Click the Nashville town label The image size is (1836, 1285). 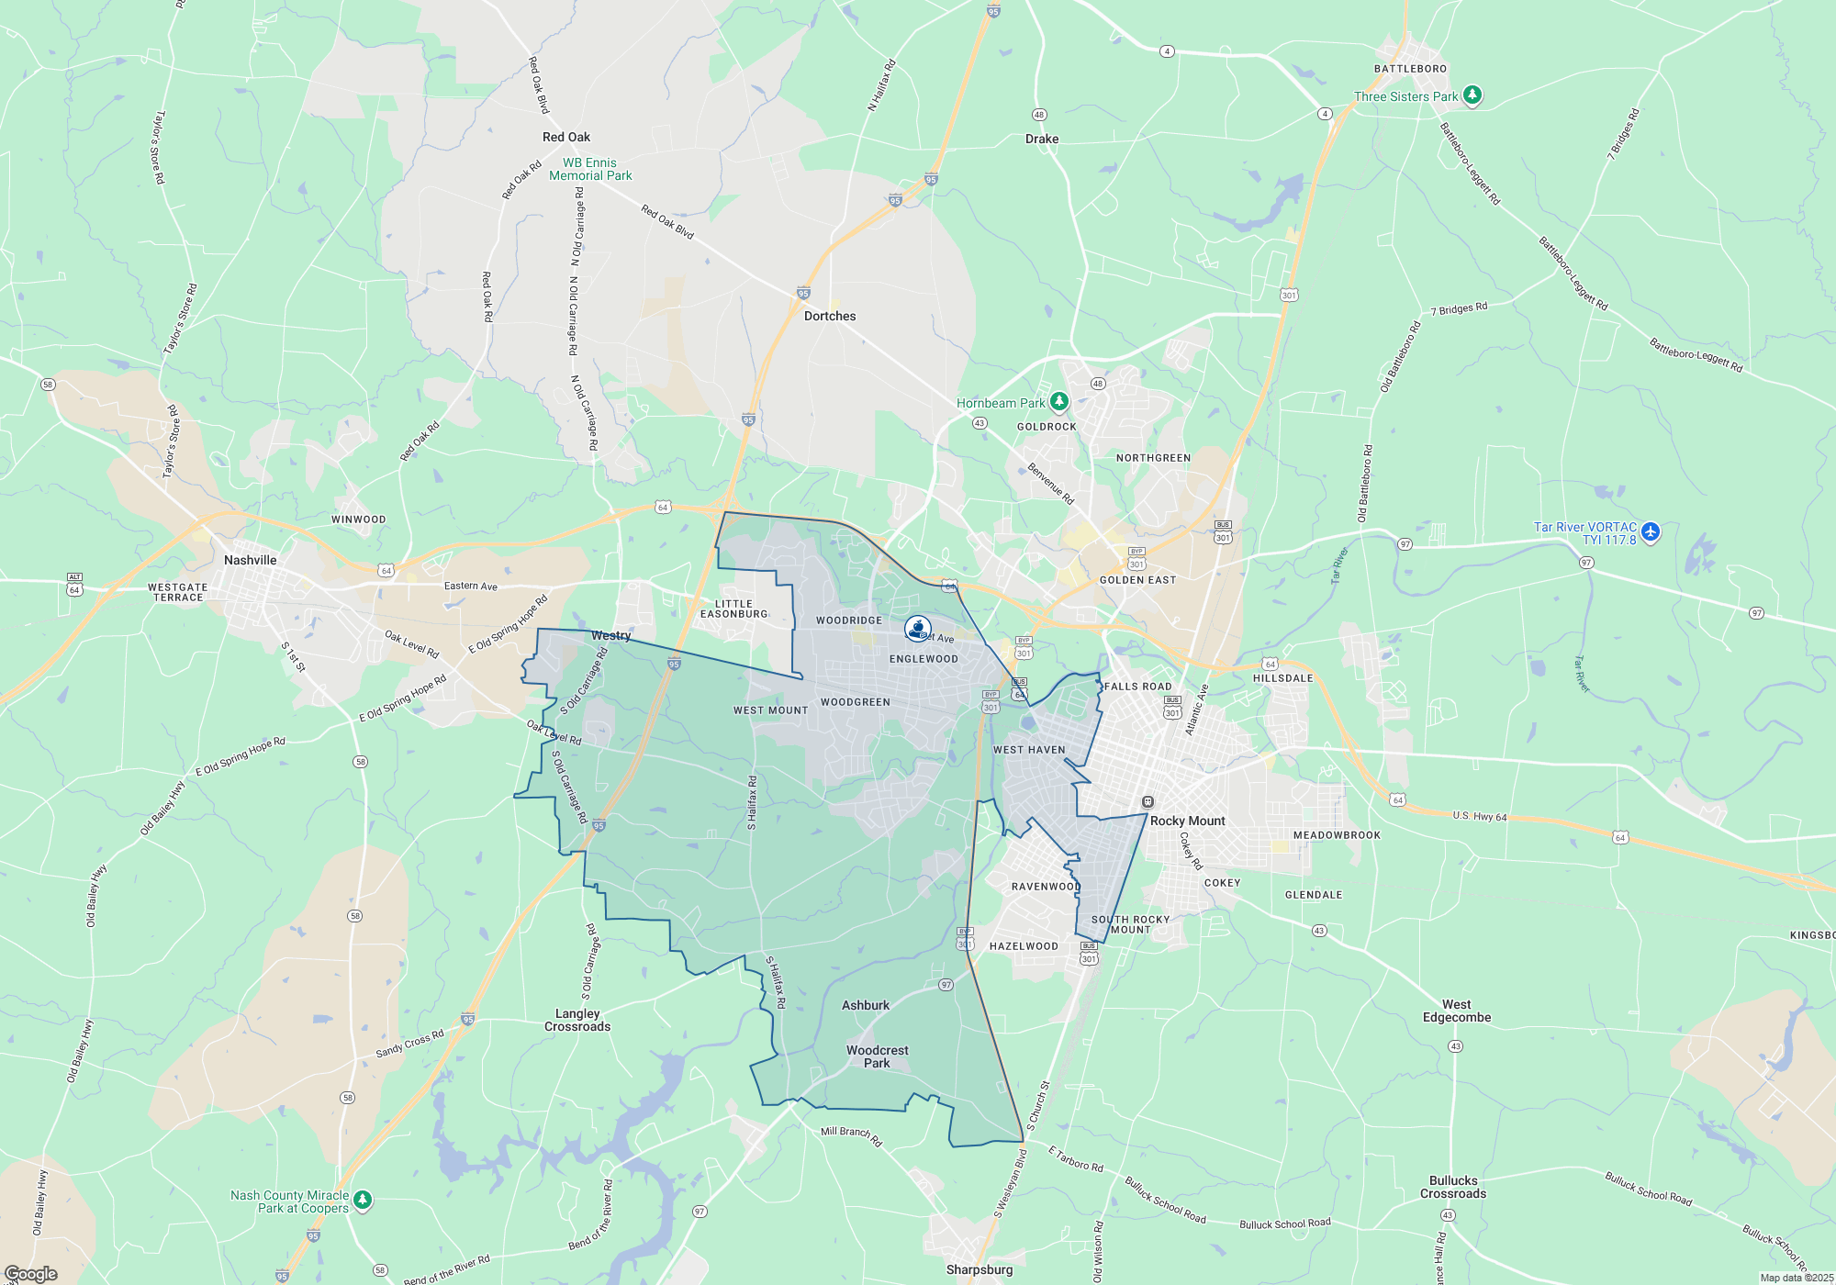250,560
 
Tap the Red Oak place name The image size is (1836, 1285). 566,137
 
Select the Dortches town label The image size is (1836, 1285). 830,316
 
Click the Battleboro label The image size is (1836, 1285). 1410,69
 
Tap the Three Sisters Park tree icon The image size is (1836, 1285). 1472,95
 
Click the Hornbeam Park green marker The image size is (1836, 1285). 1059,401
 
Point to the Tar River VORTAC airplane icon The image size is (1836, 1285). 1651,531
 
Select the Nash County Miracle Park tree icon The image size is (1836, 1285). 363,1200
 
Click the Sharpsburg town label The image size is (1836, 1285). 980,1269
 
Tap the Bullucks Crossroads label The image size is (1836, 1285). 1453,1187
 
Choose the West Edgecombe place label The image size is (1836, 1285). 1457,1011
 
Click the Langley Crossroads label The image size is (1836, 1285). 577,1020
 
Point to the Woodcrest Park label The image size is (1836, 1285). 877,1056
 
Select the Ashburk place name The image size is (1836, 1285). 866,1005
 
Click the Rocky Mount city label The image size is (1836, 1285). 1188,821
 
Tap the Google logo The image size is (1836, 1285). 31,1273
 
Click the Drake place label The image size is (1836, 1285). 1042,139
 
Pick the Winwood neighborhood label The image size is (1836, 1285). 358,520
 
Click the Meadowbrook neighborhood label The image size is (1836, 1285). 1337,835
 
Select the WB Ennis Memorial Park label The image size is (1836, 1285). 590,169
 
